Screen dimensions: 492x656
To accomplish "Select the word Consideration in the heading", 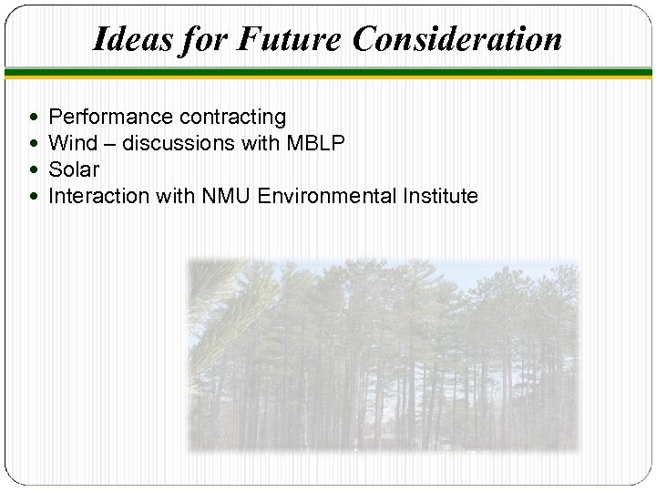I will coord(456,39).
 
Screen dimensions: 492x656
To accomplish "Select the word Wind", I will coord(70,143).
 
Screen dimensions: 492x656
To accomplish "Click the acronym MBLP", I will coord(313,143).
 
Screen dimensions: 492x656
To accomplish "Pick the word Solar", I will coord(73,169).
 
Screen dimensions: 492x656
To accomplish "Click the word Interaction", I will coord(93,196).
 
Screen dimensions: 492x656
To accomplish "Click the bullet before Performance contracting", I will coord(34,118).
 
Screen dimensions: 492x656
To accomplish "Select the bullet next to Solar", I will coord(34,170).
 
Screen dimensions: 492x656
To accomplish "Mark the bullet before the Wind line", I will coord(34,144).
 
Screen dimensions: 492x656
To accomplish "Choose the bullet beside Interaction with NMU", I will coord(34,197).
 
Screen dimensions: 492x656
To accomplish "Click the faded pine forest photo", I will coord(383,355).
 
